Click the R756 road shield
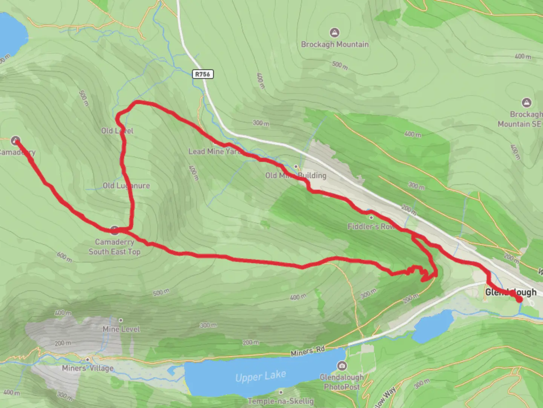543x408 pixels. (x=203, y=74)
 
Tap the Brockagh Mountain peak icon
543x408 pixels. (x=334, y=32)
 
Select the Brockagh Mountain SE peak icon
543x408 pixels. (x=526, y=102)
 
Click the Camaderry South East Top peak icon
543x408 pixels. (x=115, y=229)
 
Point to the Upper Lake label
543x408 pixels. (x=261, y=376)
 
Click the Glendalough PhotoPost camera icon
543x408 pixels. (x=342, y=365)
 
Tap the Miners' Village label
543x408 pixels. (x=87, y=368)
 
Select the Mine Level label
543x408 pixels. (x=121, y=329)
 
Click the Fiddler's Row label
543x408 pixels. (x=371, y=226)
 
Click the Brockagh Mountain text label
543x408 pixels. (x=334, y=44)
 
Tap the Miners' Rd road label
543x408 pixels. (x=308, y=351)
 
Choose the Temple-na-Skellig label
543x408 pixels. (x=281, y=401)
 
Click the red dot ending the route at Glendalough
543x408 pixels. (x=519, y=299)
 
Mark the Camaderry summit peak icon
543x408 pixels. (x=15, y=141)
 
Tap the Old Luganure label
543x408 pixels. (x=126, y=185)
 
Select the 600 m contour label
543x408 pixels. (x=64, y=257)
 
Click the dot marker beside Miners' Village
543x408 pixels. (x=87, y=359)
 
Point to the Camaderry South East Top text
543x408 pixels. (x=114, y=247)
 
